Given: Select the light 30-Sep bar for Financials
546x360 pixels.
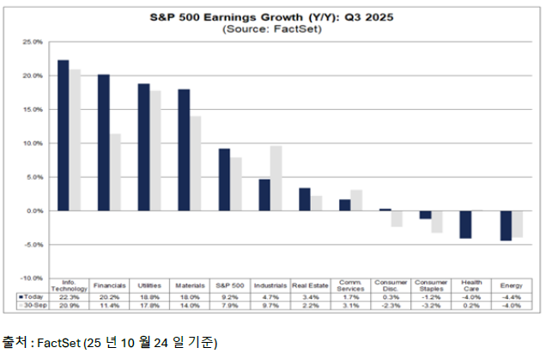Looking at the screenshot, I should pos(116,172).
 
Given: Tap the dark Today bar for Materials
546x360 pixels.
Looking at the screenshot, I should pos(184,150).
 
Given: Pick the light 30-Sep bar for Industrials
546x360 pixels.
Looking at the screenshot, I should pos(276,178).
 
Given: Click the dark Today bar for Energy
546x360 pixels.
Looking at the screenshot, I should pos(507,225).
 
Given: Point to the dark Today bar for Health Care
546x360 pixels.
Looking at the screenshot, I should pos(466,224).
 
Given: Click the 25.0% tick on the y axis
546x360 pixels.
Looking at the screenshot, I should pos(32,41).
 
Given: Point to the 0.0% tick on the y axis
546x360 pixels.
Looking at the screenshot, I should pos(33,211).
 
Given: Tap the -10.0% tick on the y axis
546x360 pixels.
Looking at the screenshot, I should pos(32,278).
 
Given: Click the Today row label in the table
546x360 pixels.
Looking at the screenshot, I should pos(29,296).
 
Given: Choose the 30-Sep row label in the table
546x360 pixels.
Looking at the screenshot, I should pos(29,305).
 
